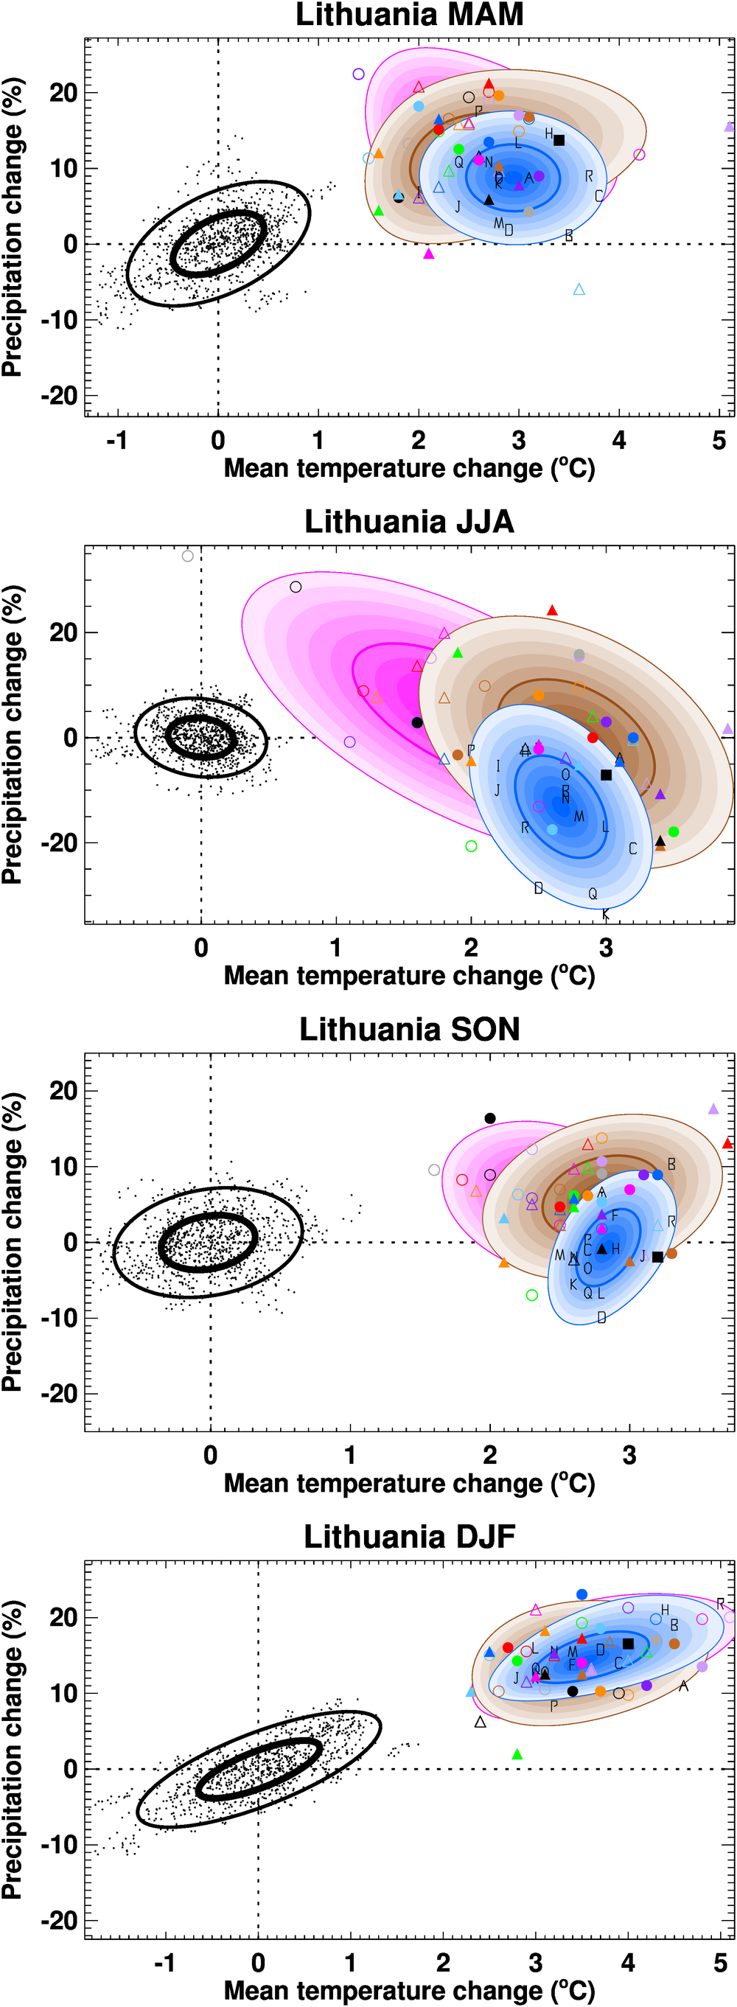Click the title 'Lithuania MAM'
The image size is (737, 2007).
tap(409, 15)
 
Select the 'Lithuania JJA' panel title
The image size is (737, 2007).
tap(409, 522)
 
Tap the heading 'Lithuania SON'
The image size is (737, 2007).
tap(409, 1029)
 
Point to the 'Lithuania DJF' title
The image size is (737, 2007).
tap(409, 1537)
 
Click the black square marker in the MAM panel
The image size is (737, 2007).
tap(559, 140)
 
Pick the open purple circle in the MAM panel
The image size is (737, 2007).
tap(358, 74)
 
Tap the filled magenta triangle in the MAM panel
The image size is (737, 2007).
tap(428, 254)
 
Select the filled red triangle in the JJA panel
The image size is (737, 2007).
tap(552, 610)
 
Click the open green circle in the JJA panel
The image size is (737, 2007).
tap(470, 846)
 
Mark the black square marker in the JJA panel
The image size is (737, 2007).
tap(606, 775)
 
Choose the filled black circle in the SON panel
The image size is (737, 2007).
tap(490, 1118)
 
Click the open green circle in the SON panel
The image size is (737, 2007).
tap(532, 1295)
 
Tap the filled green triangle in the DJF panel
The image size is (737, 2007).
tap(517, 1753)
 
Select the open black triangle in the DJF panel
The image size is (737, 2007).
tap(480, 1722)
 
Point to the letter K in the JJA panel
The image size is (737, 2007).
tap(605, 914)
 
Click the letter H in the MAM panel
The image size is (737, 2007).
tap(548, 134)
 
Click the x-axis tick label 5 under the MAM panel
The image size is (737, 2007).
tap(719, 440)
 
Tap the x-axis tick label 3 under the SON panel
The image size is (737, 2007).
tap(629, 1455)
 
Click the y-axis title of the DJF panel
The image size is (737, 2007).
tap(13, 1749)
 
